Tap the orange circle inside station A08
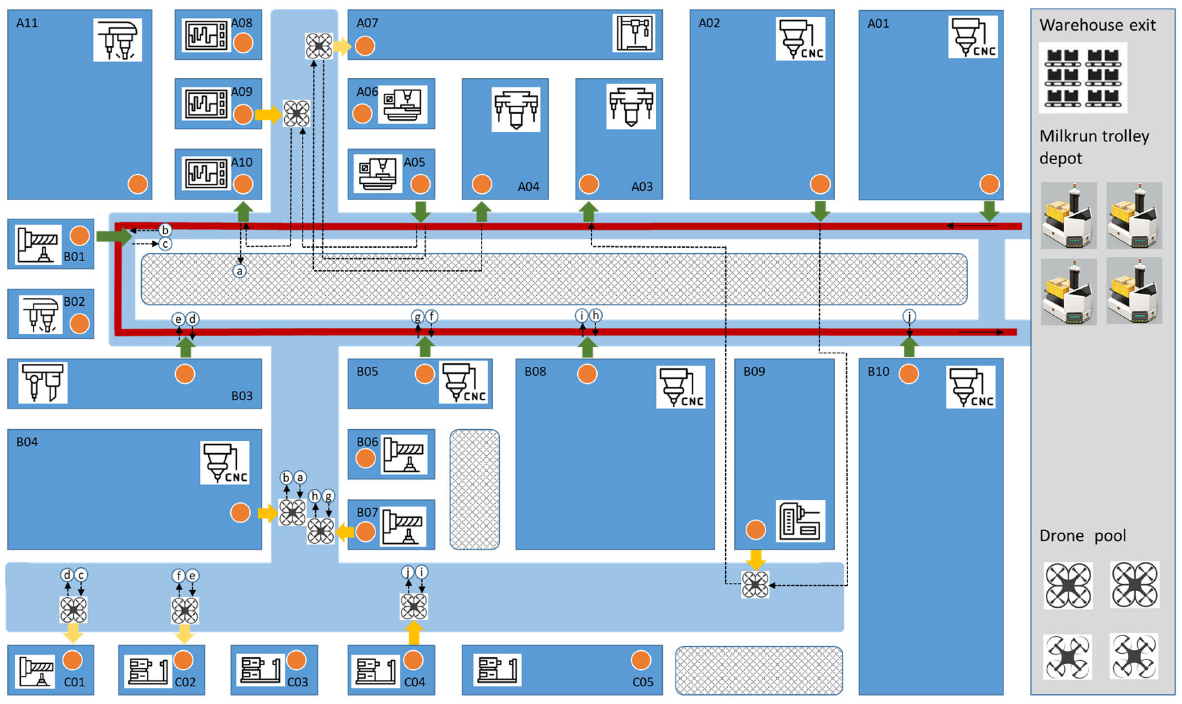coord(243,43)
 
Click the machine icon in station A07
coord(634,33)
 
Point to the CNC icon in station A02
coord(800,39)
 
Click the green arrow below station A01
coord(989,210)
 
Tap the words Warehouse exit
coord(1097,25)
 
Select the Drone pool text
coord(1082,536)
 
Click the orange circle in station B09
coord(755,530)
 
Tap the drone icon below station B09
coord(755,584)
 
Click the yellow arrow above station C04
coord(414,633)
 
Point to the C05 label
coord(643,682)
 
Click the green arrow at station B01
coord(114,236)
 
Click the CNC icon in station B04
coord(224,463)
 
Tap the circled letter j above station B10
coord(909,316)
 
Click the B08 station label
coord(535,372)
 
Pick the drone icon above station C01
coord(73,610)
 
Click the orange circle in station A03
coord(589,184)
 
